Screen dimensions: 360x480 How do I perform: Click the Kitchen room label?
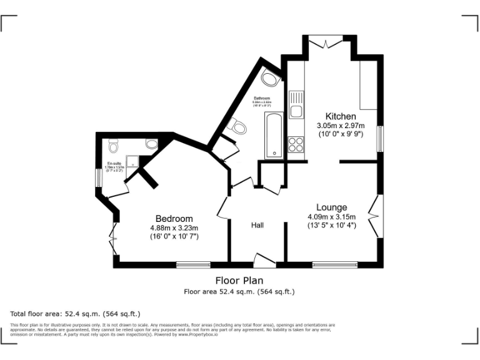click(341, 116)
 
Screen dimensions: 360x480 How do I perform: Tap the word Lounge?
click(331, 207)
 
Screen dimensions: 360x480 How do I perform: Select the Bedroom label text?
click(174, 218)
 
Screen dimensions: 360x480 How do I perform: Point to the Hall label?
click(257, 225)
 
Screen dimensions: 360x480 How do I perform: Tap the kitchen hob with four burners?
click(296, 145)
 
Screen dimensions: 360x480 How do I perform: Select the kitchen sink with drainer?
click(296, 105)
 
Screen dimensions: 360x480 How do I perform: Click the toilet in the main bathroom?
click(237, 127)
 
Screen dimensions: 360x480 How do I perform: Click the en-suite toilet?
click(113, 146)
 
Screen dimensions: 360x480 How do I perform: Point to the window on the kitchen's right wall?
click(379, 138)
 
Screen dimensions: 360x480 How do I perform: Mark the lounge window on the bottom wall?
click(331, 265)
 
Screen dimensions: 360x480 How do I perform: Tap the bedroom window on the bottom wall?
click(193, 265)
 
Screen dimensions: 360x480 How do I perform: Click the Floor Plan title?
click(239, 281)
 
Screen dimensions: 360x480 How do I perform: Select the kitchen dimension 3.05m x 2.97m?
click(341, 126)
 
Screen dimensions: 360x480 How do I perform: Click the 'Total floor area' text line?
click(76, 313)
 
